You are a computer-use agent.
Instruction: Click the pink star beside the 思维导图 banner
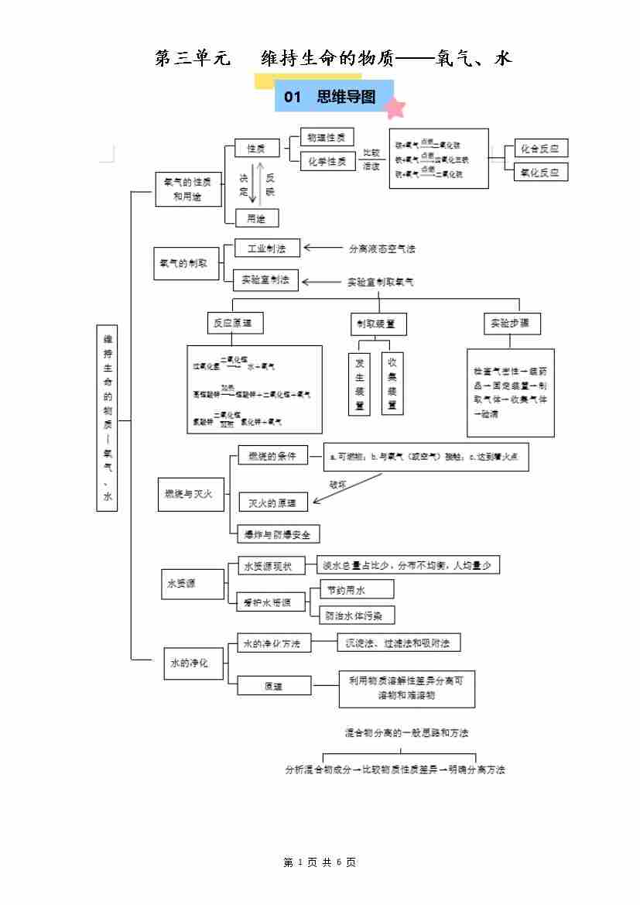click(395, 108)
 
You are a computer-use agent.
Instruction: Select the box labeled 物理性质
click(326, 137)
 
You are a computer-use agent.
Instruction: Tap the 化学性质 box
click(326, 161)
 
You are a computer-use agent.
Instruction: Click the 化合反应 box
click(540, 149)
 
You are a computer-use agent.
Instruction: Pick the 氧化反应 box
click(540, 172)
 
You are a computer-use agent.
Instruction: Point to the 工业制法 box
click(266, 249)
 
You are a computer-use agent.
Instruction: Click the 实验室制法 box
click(266, 279)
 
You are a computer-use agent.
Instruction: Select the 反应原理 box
click(233, 323)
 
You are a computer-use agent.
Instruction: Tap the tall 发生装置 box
click(359, 383)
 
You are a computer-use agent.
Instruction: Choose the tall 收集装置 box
click(392, 383)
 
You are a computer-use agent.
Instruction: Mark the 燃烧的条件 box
click(272, 455)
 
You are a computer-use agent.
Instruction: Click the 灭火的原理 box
click(272, 502)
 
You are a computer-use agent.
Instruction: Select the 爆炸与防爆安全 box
click(277, 533)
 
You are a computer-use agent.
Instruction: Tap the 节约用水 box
click(356, 590)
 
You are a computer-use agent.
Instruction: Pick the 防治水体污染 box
click(356, 615)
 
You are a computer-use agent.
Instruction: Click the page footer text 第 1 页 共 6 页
click(320, 862)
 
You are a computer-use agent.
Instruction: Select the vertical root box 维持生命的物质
click(108, 418)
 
